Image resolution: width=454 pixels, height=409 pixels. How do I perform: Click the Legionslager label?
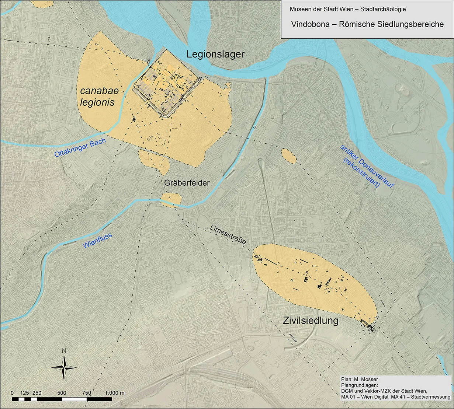pyautogui.click(x=215, y=55)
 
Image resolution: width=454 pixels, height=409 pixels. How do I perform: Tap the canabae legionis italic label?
pyautogui.click(x=97, y=97)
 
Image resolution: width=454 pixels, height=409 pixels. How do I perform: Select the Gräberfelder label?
pyautogui.click(x=187, y=183)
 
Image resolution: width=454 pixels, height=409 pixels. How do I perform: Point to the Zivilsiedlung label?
pyautogui.click(x=311, y=321)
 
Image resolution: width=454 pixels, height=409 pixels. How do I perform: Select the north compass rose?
pyautogui.click(x=64, y=367)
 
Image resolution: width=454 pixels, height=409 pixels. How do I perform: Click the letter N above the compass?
pyautogui.click(x=64, y=351)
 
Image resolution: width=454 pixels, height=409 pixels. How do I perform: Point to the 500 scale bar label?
pyautogui.click(x=62, y=393)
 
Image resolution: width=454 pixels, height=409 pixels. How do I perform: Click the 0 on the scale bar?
pyautogui.click(x=13, y=393)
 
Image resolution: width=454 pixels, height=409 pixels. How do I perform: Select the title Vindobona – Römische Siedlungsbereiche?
pyautogui.click(x=367, y=24)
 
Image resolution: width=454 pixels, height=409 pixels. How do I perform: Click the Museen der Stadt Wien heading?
pyautogui.click(x=348, y=9)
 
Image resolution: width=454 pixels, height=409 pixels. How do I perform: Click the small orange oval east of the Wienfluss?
pyautogui.click(x=289, y=156)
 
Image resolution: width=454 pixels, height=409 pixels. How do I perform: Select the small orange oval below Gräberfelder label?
pyautogui.click(x=171, y=200)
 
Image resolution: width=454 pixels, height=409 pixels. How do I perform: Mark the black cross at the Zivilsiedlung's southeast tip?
pyautogui.click(x=371, y=328)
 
